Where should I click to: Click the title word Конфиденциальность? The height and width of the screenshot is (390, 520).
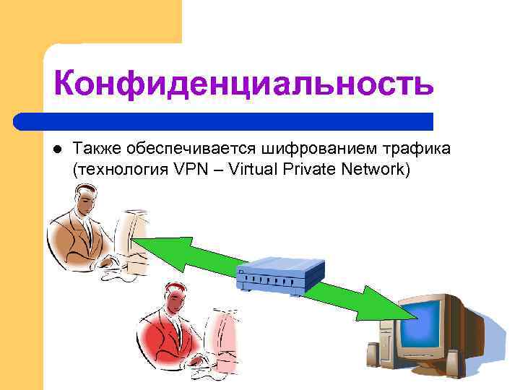(244, 84)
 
